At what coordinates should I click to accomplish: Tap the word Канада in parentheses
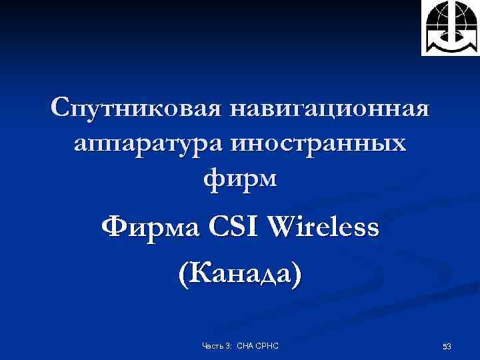(x=241, y=273)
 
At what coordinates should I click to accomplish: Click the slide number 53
(x=447, y=346)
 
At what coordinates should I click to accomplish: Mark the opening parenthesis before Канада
(x=184, y=273)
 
